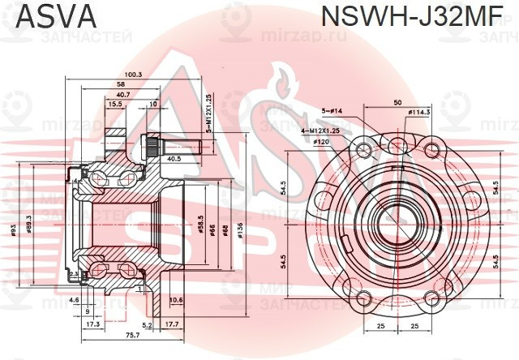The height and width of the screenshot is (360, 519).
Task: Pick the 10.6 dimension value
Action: tap(175, 301)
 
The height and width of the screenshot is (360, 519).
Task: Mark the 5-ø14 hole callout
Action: tap(334, 110)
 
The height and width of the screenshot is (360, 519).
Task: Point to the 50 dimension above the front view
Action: tap(397, 103)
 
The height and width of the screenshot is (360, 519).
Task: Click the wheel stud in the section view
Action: tap(174, 146)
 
